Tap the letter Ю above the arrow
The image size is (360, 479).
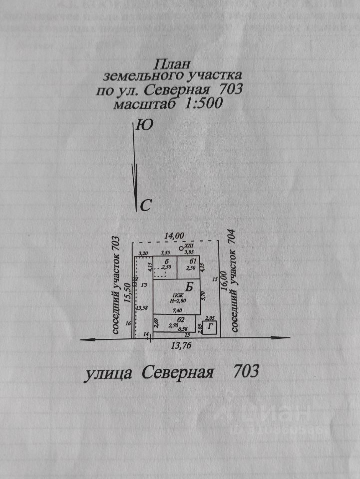coord(144,125)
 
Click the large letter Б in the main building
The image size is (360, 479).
coord(189,287)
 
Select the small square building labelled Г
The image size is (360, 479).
coord(211,327)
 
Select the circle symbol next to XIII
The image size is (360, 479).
coord(181,248)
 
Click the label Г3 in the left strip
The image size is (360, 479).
coord(145,284)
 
